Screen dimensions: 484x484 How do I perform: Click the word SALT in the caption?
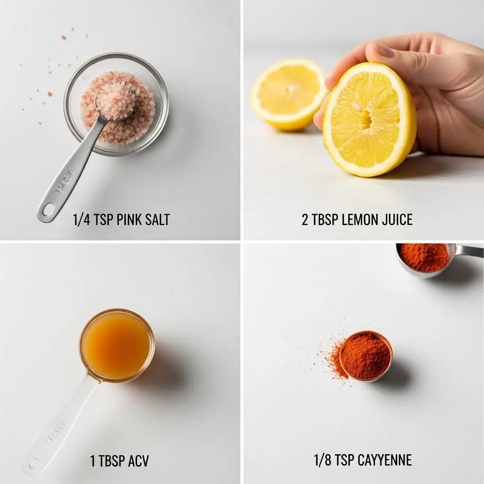(x=156, y=220)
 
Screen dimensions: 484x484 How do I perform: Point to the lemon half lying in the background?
(x=287, y=94)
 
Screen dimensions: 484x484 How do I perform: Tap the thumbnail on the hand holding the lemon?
(x=383, y=50)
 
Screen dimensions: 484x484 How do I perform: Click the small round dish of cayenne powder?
(x=365, y=355)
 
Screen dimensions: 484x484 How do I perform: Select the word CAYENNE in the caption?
(x=384, y=460)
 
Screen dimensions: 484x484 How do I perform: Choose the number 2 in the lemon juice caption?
(x=305, y=220)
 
